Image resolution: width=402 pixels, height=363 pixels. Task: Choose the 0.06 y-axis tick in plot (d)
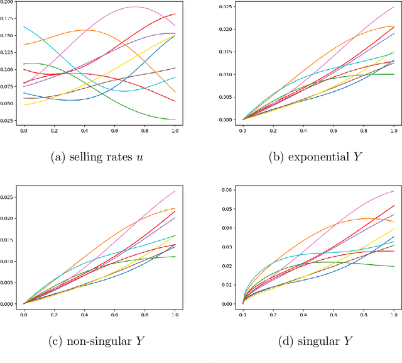point(231,189)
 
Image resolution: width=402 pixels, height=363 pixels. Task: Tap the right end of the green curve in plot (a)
point(175,120)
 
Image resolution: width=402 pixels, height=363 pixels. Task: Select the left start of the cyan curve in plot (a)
point(24,26)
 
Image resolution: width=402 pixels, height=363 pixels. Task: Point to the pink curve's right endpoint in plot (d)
point(394,191)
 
